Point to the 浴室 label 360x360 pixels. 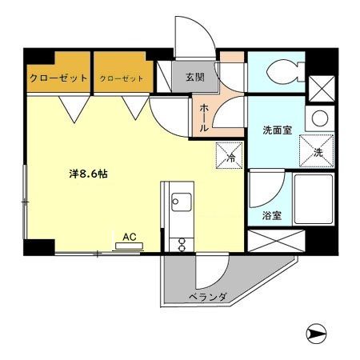270,215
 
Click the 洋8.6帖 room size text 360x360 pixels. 86,174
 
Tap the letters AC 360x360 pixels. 129,237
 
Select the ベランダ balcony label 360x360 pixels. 208,298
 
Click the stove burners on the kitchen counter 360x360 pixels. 179,239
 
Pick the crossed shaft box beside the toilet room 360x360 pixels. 320,85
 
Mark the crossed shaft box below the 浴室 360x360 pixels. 276,240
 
